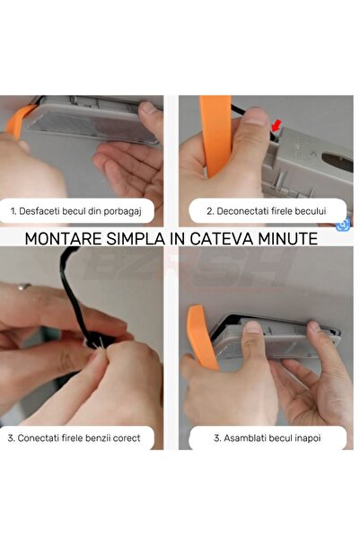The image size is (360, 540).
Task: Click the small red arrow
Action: coord(276,126)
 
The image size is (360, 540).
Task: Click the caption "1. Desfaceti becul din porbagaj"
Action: coord(76,211)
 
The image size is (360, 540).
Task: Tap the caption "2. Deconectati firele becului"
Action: coord(266,211)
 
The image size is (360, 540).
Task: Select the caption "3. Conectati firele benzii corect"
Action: coord(74,438)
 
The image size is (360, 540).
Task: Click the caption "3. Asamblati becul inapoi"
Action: coord(268,438)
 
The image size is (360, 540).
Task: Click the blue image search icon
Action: coord(343,226)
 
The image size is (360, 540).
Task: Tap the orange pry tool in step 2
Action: coord(215,136)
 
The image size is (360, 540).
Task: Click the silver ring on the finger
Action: coord(23,287)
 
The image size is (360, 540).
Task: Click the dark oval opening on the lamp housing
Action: coord(338,162)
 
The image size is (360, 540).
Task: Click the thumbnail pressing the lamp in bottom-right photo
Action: coord(254,327)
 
